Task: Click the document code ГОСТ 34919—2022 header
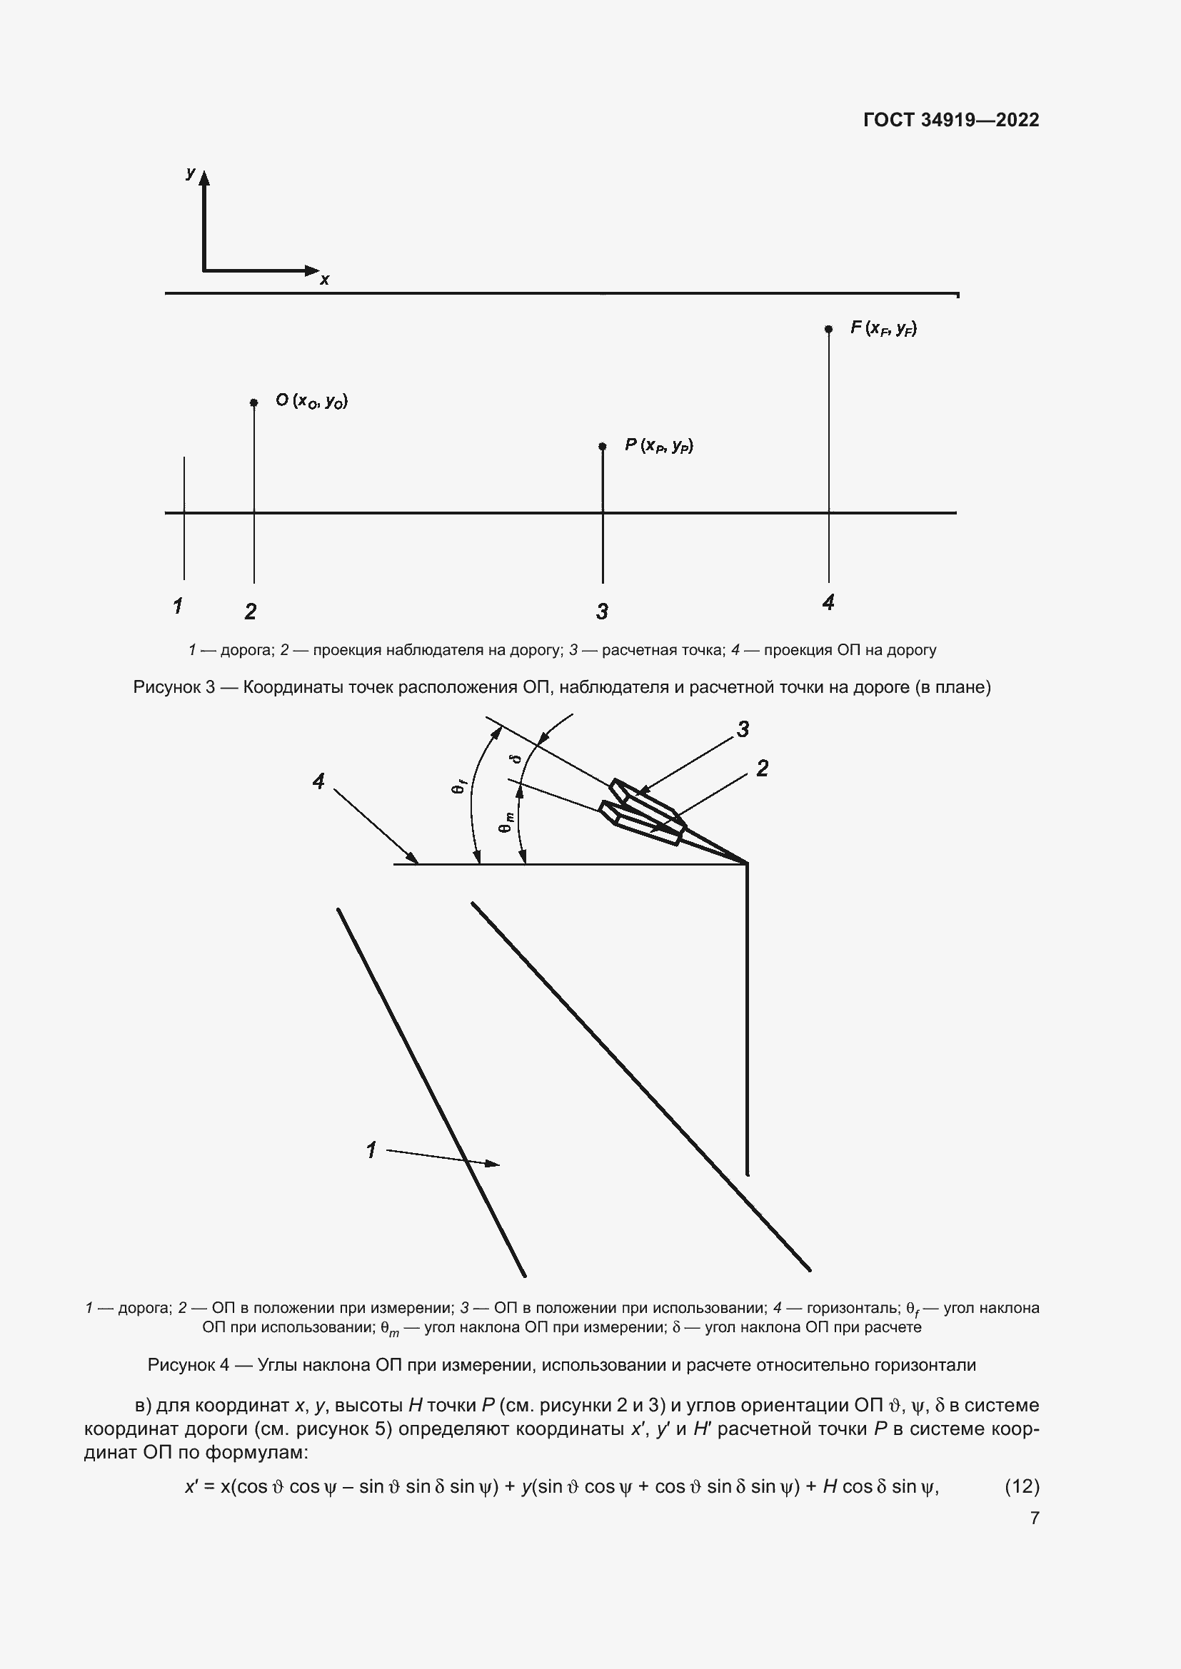point(951,120)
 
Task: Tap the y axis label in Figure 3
point(191,173)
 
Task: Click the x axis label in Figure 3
point(324,280)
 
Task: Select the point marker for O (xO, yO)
point(253,402)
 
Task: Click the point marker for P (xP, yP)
point(602,446)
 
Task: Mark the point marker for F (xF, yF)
point(828,329)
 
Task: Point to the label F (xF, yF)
point(883,328)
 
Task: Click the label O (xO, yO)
point(311,400)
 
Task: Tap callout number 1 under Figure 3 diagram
point(178,606)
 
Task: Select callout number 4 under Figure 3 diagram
point(828,602)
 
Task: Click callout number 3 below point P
point(602,612)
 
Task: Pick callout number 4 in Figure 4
point(318,781)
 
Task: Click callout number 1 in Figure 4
point(371,1150)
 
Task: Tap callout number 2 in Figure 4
point(762,768)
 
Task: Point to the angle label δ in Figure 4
point(517,759)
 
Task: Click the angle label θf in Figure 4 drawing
point(459,786)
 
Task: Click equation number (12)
point(1022,1486)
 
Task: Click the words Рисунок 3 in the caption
point(174,687)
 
